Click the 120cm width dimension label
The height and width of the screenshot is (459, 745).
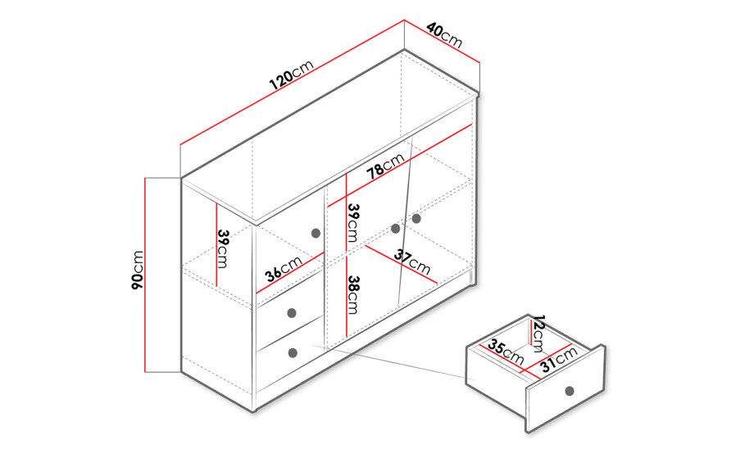(x=292, y=75)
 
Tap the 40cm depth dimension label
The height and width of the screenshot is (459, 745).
(x=444, y=34)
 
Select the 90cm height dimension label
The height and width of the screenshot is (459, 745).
(x=138, y=270)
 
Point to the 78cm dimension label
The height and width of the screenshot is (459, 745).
(x=386, y=166)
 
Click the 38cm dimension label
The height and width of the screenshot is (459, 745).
(x=353, y=294)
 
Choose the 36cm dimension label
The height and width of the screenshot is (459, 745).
(x=284, y=269)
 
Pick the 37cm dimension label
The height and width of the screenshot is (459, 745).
(x=412, y=263)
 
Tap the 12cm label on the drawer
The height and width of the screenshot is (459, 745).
(x=538, y=333)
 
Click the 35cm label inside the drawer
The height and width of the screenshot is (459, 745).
(x=506, y=352)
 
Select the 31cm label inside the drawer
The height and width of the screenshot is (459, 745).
(x=558, y=359)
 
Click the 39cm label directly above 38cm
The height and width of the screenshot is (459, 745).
(x=353, y=223)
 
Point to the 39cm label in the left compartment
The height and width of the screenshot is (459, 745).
(x=223, y=249)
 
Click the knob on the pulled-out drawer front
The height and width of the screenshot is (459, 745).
(x=570, y=391)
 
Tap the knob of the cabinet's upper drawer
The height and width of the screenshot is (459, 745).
(x=292, y=312)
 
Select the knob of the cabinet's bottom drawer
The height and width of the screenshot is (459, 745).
(x=293, y=352)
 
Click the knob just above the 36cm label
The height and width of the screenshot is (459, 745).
(x=316, y=233)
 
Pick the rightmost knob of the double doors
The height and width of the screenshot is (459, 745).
(x=416, y=219)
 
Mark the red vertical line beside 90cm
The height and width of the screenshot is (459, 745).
(x=145, y=275)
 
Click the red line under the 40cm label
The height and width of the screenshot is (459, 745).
(x=442, y=41)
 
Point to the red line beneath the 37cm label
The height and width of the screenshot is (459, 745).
(x=401, y=264)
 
